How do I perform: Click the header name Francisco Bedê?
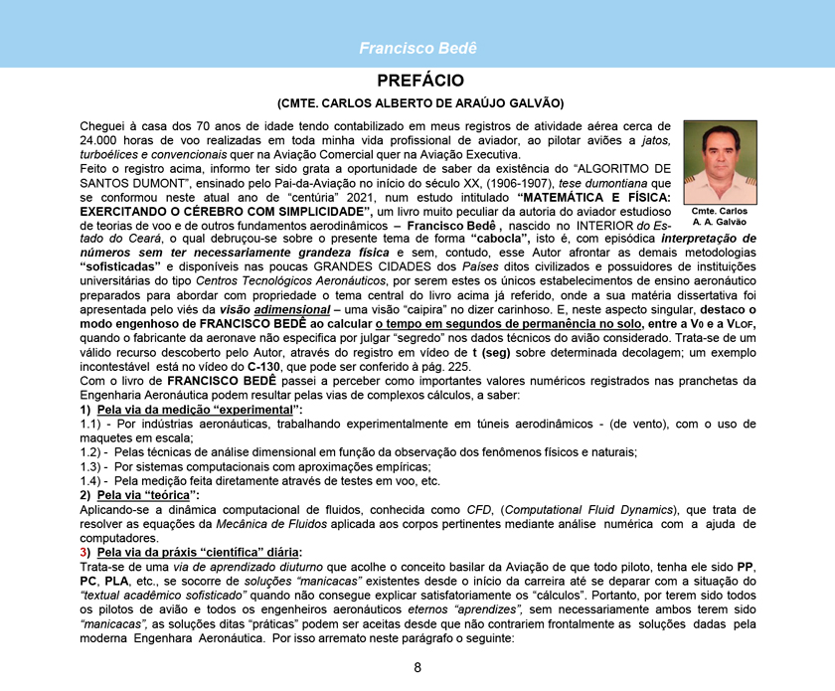[x=417, y=48]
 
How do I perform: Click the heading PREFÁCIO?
[x=419, y=80]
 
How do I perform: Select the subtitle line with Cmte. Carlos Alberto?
[x=419, y=102]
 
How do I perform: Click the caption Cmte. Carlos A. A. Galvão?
[x=720, y=216]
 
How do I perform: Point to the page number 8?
[x=417, y=667]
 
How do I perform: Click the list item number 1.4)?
[x=94, y=480]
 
